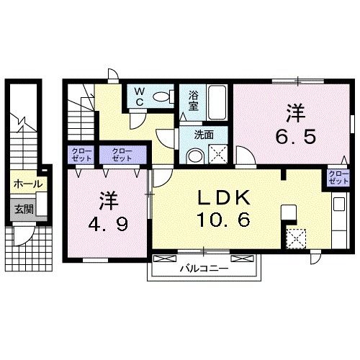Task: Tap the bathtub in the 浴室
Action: (217, 103)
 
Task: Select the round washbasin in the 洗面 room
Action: (195, 156)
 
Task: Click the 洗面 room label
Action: (204, 135)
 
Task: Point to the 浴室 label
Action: (194, 101)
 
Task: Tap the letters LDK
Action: (224, 197)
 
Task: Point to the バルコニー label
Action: (204, 268)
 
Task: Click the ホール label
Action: (28, 184)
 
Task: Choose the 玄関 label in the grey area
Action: (24, 210)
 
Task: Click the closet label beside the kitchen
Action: (338, 177)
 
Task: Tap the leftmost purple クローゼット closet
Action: (81, 155)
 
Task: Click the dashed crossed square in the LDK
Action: (297, 238)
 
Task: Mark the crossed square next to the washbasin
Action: (218, 155)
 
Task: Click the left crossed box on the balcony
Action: (165, 258)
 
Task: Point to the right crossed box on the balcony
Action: (242, 258)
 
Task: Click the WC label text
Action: (140, 96)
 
